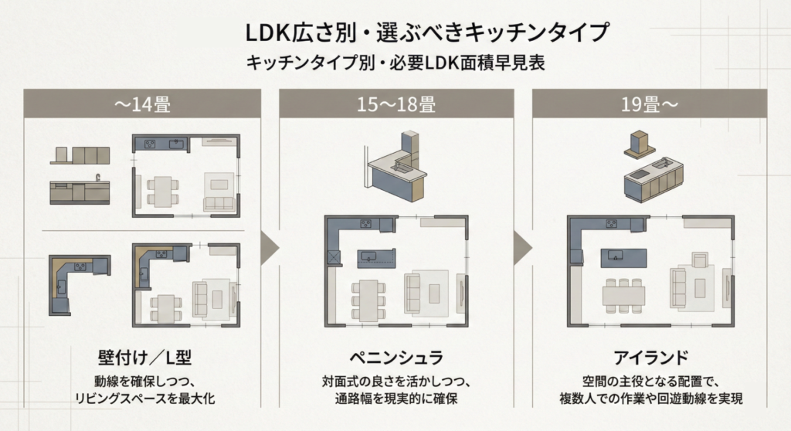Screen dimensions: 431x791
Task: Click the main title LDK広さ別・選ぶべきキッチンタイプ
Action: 395,33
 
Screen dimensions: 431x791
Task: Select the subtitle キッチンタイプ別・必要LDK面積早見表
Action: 395,63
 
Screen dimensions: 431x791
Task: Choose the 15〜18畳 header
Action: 395,104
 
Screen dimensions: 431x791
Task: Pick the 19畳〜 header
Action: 649,104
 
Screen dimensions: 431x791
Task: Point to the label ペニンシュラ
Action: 395,358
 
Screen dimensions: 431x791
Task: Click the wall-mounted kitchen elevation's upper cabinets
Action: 80,154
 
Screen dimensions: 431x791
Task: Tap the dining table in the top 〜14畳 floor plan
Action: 162,190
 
